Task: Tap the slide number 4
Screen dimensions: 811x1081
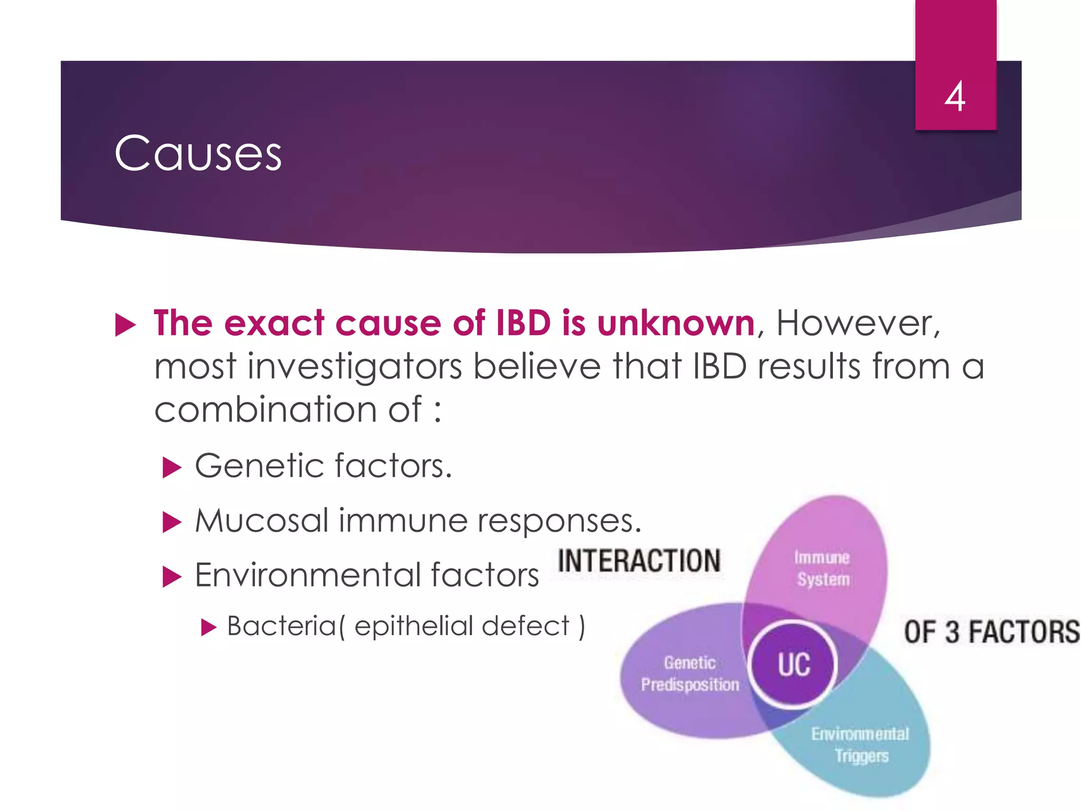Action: [955, 97]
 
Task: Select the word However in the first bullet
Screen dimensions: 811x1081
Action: [855, 323]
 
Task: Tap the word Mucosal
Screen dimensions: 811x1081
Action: [262, 521]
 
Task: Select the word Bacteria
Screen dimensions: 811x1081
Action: [281, 626]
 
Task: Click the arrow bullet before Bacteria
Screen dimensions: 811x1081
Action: [209, 628]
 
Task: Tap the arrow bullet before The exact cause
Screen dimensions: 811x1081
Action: [126, 325]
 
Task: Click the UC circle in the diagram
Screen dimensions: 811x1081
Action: [793, 665]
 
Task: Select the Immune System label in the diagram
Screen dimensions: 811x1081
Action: [822, 569]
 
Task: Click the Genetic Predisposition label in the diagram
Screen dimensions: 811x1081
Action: [690, 674]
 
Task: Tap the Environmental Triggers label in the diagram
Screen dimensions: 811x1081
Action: [860, 744]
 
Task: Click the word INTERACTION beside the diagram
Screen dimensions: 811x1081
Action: [639, 561]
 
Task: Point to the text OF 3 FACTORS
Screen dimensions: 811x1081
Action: [991, 632]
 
